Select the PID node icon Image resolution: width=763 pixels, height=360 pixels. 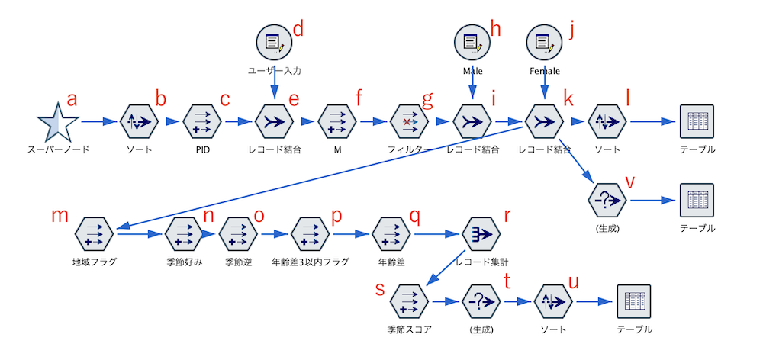coord(202,121)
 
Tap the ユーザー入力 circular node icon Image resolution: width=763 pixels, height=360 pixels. coord(274,42)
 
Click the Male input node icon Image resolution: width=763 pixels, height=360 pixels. coord(472,42)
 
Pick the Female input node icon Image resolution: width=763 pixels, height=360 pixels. coord(544,42)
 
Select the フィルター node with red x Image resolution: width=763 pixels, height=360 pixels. coord(410,121)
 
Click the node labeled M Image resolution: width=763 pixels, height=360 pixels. coord(336,121)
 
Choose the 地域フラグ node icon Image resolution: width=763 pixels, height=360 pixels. coord(95,233)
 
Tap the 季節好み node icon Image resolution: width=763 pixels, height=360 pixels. coord(183,233)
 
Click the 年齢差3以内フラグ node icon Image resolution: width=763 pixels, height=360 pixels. coord(310,233)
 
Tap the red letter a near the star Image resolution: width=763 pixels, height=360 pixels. coord(72,98)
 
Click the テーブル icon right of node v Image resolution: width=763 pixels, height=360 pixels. coord(697,201)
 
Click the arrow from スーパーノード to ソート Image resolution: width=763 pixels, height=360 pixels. coord(99,121)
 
